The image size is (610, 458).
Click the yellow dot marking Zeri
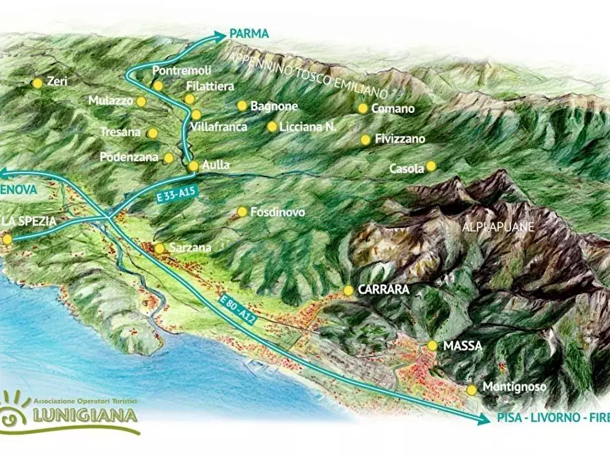(37, 83)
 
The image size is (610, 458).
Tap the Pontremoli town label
(181, 70)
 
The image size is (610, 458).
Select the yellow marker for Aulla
(193, 165)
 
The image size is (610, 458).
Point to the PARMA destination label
(249, 33)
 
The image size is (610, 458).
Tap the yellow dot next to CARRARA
(348, 290)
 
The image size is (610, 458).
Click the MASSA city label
(462, 346)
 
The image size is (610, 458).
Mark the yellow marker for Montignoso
(471, 390)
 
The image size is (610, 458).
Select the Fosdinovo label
(277, 212)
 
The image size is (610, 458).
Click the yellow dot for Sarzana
(159, 248)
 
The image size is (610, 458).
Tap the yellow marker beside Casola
(431, 166)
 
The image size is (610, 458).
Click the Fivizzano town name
(400, 139)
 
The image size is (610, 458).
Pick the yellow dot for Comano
(363, 108)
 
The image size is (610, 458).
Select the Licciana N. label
(307, 126)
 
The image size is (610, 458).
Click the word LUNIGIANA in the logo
(85, 415)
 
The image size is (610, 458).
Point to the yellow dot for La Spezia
(8, 239)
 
